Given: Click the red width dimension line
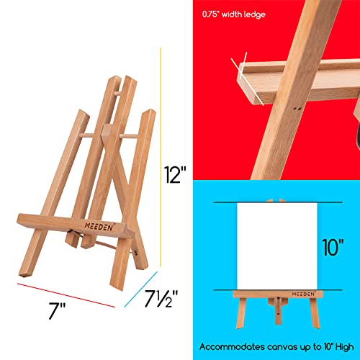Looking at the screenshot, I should click(x=66, y=292).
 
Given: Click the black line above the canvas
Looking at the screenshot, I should click(x=273, y=204).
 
